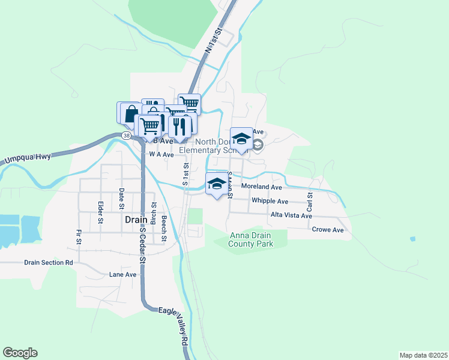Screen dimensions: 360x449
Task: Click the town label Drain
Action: pyautogui.click(x=135, y=220)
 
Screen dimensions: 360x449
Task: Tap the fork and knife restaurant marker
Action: pyautogui.click(x=179, y=127)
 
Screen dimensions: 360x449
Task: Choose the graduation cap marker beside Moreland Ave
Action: pyautogui.click(x=217, y=184)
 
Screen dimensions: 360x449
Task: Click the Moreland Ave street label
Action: pyautogui.click(x=261, y=187)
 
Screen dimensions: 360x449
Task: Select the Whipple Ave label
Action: pyautogui.click(x=270, y=201)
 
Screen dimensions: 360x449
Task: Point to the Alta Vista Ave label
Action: pyautogui.click(x=291, y=215)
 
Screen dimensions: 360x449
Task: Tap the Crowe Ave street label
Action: pyautogui.click(x=327, y=230)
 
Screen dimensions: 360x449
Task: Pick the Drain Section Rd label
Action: pyautogui.click(x=48, y=263)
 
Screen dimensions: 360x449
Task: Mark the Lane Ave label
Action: pyautogui.click(x=122, y=275)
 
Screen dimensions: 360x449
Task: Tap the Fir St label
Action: pyautogui.click(x=79, y=236)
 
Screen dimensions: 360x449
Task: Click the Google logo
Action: pyautogui.click(x=20, y=353)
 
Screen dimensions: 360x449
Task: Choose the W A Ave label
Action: pyautogui.click(x=161, y=154)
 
